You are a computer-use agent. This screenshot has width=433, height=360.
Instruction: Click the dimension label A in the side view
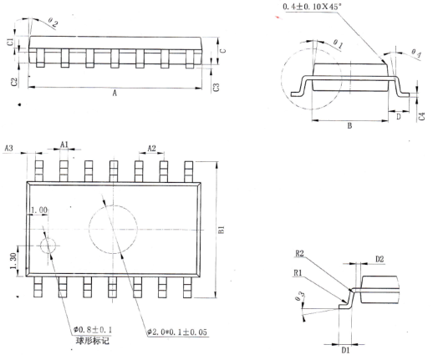[115, 93]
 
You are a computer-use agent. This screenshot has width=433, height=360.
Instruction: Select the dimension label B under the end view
[349, 126]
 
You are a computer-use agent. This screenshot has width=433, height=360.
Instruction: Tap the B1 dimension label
[222, 230]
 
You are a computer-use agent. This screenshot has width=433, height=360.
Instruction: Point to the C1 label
[10, 42]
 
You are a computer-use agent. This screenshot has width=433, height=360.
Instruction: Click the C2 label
[14, 82]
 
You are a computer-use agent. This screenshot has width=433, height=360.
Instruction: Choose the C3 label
[216, 87]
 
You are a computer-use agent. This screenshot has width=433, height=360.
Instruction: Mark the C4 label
[422, 116]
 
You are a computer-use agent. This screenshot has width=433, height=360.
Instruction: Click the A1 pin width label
[64, 144]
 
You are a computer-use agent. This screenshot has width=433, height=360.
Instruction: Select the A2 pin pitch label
[151, 148]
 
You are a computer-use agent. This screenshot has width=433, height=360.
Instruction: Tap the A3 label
[8, 148]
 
